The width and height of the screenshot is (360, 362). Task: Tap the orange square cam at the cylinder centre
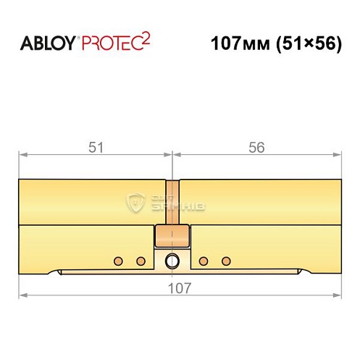coord(172,235)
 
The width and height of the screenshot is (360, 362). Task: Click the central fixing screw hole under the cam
coord(172,261)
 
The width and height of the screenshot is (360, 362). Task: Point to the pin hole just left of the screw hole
coord(141,260)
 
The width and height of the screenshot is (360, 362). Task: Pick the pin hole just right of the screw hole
coord(204,260)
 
